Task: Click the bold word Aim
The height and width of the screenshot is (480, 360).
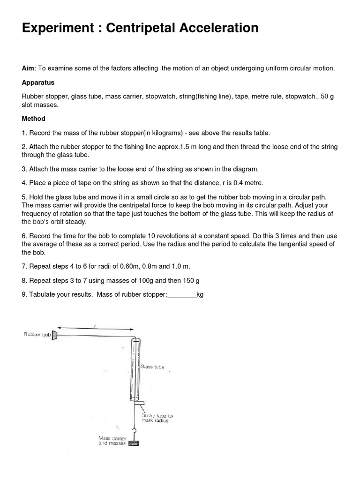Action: pos(29,68)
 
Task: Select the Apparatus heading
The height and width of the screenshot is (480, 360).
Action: pos(38,82)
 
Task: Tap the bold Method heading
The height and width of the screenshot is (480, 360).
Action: pos(34,119)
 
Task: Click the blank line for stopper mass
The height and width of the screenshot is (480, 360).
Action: pos(182,295)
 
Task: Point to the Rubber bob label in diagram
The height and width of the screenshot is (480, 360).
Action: pos(37,335)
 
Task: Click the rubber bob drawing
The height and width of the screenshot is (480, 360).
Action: pos(55,335)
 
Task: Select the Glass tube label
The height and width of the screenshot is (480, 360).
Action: pos(152,367)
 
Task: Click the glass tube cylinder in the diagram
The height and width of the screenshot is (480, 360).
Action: pos(135,370)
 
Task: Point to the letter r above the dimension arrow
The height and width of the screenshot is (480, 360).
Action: pos(95,326)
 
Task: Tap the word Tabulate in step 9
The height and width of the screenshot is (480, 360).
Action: pos(43,295)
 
